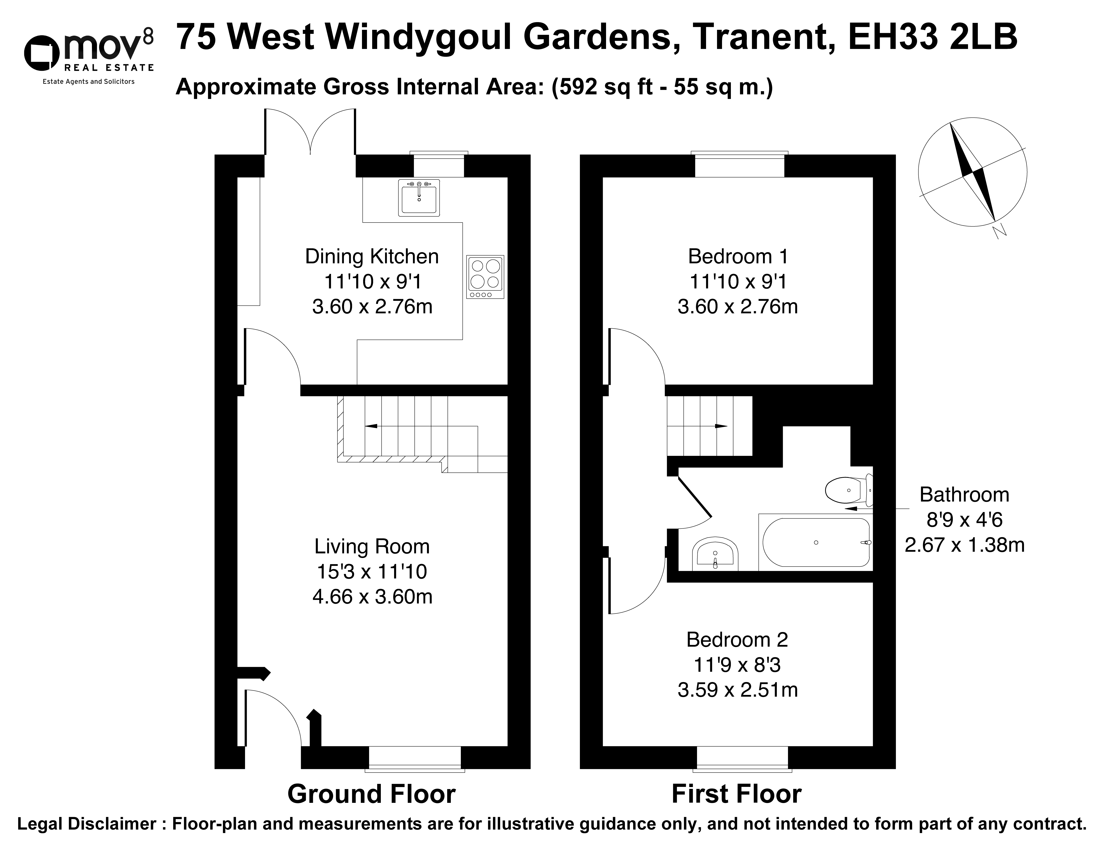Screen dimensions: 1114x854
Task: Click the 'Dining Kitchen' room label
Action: [372, 257]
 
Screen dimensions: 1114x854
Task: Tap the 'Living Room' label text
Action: [372, 546]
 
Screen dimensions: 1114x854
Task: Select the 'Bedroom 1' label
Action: [738, 257]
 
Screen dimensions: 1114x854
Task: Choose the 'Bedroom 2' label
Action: [737, 640]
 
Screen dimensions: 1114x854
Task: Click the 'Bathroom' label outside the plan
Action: [964, 495]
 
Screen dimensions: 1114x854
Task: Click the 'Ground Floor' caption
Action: [372, 794]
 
